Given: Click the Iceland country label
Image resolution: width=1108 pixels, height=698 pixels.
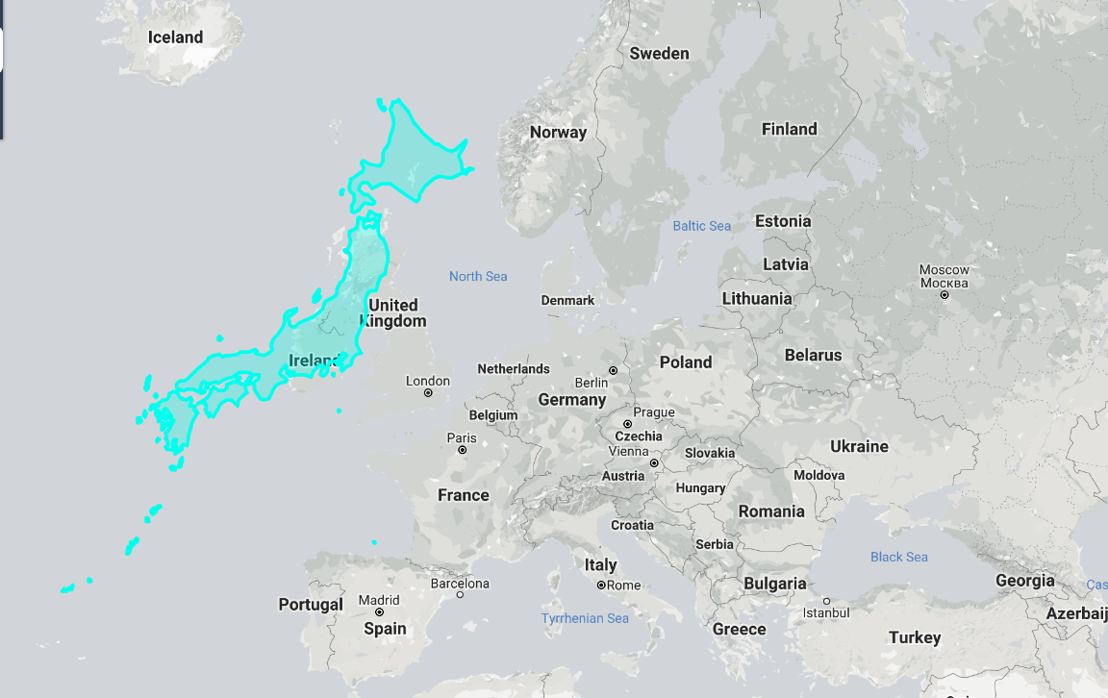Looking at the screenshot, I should (x=175, y=37).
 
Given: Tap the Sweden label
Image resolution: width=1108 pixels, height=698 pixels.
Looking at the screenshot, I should (x=659, y=54).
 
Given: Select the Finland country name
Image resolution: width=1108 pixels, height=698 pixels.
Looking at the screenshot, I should (x=789, y=129).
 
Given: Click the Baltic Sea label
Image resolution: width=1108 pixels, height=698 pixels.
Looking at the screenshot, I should (x=701, y=226).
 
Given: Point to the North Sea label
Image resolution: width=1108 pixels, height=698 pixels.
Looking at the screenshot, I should (x=477, y=277).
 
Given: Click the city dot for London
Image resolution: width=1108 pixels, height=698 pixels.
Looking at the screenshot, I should (x=428, y=393).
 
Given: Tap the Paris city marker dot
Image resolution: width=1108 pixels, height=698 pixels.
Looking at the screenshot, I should (x=462, y=450).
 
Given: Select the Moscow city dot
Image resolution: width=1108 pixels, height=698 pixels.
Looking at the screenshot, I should (x=944, y=295).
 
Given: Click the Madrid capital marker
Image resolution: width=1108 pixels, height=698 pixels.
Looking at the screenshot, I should (x=379, y=611).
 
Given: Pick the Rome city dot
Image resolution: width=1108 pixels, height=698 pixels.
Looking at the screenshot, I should (x=601, y=586).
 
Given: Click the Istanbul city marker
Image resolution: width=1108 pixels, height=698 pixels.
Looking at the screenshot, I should (x=826, y=601).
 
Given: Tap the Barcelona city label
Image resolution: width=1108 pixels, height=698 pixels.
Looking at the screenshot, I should (x=460, y=584).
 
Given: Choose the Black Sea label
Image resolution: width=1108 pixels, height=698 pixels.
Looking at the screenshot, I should (x=899, y=558).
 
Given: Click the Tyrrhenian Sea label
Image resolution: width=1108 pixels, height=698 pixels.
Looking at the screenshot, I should (x=585, y=618).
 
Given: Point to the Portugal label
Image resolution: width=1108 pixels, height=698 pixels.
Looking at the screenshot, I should (x=310, y=605).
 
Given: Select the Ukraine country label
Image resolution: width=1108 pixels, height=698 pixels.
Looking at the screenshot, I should (x=859, y=447).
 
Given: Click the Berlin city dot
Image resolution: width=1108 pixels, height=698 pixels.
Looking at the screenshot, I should (x=613, y=370).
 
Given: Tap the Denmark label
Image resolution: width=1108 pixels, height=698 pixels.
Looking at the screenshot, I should (x=567, y=301).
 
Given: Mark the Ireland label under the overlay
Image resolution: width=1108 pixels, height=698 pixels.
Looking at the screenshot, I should (x=314, y=361).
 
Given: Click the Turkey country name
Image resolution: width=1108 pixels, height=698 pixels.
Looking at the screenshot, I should (x=915, y=637).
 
